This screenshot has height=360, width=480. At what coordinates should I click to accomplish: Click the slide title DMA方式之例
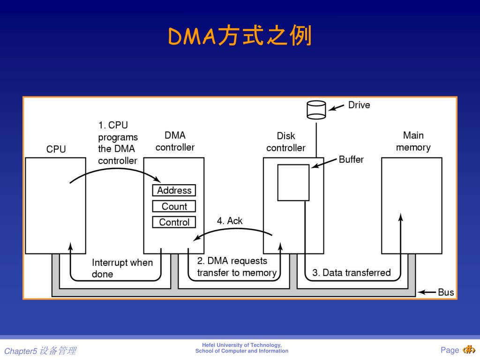240,37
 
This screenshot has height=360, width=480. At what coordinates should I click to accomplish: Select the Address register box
174,190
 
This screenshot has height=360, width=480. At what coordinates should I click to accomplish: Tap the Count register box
174,206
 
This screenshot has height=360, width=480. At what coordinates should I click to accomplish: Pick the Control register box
174,222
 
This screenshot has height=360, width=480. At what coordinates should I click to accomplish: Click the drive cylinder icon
316,110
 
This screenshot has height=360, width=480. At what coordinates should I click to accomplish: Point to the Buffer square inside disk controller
293,182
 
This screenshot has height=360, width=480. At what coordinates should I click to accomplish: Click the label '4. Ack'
230,221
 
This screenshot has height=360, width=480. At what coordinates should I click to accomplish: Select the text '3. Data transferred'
351,273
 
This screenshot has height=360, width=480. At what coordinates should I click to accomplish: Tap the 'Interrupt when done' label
122,268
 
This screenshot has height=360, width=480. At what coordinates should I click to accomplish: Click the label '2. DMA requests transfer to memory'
237,267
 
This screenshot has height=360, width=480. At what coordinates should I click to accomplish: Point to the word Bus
446,292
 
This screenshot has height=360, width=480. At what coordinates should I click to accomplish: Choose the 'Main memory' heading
413,141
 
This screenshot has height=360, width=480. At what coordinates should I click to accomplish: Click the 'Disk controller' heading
285,142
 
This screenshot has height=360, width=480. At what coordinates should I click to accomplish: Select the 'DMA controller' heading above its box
175,141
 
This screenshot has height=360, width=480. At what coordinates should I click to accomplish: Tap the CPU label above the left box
56,150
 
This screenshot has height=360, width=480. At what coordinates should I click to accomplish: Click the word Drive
359,105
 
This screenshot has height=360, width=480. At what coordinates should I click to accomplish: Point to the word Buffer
351,159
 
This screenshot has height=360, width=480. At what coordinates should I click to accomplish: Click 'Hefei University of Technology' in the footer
242,345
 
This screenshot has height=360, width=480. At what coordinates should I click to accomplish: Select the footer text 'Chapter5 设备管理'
40,351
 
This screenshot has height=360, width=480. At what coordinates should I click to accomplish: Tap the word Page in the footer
450,350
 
